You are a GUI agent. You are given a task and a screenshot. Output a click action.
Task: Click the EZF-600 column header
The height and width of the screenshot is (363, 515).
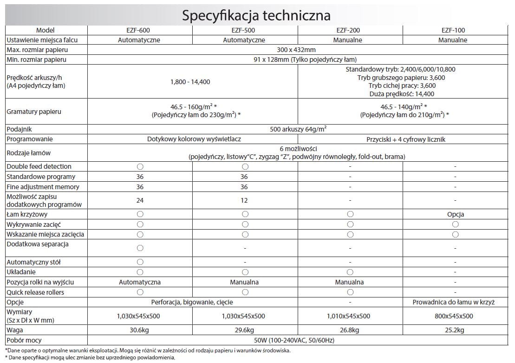(x=140, y=30)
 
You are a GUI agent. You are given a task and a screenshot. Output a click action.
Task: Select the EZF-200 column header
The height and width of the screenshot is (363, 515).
(x=350, y=30)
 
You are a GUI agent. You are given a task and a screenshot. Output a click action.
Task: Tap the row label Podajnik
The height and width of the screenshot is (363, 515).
(x=19, y=129)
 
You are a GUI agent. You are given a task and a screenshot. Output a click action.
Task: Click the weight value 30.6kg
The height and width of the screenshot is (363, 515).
(x=140, y=330)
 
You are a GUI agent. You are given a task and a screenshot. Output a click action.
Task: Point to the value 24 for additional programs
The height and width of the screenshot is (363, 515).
(x=140, y=200)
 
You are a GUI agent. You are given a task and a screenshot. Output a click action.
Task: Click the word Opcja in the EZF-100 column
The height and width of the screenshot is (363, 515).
(x=455, y=214)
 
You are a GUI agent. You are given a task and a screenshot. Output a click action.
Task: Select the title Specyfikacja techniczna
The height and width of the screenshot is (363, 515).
(x=256, y=15)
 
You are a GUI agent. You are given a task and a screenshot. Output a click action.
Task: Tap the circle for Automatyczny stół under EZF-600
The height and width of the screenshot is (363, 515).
(x=140, y=262)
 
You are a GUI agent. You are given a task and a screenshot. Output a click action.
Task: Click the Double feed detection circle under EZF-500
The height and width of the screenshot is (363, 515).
(x=245, y=166)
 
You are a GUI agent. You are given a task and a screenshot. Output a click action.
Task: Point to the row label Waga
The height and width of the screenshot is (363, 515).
(x=15, y=330)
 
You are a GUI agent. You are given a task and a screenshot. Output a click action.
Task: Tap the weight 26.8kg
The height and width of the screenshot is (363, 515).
(x=350, y=330)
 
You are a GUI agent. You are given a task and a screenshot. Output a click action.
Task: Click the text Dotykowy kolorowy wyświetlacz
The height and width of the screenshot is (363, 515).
(x=194, y=139)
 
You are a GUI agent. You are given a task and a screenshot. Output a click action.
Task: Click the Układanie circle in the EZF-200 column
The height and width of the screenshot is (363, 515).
(x=350, y=272)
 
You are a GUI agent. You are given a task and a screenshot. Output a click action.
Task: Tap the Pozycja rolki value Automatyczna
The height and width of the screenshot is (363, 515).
(x=140, y=282)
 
